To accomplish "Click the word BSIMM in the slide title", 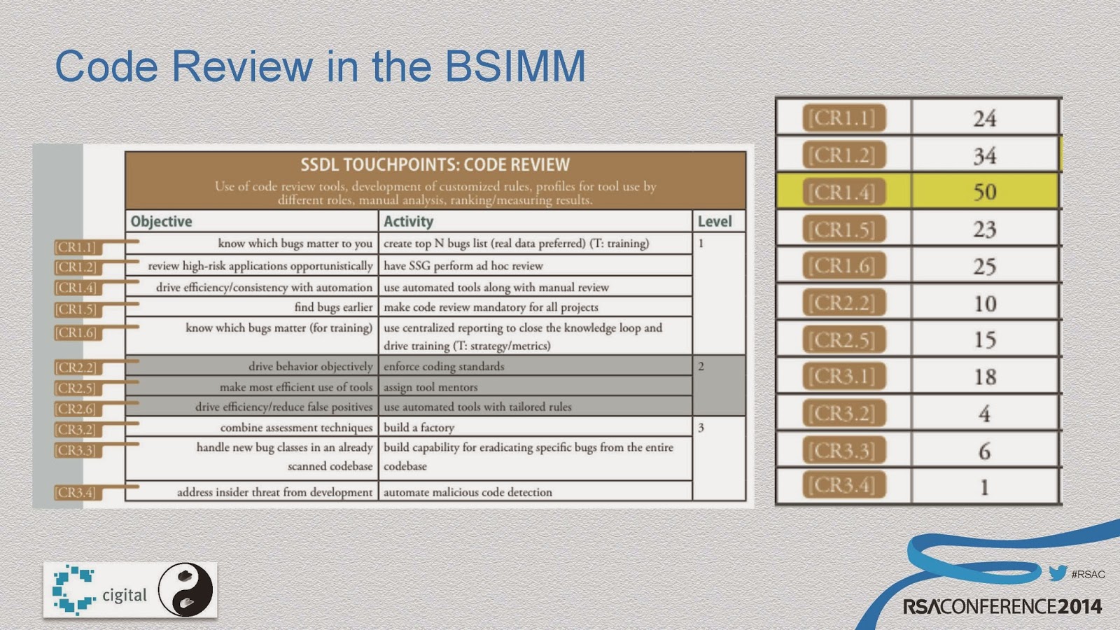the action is coord(515,66).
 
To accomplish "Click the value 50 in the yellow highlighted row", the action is coord(984,192).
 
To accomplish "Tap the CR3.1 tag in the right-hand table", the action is coord(843,376).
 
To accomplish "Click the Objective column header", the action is coord(161,221).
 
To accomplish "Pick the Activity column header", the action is coord(408,221).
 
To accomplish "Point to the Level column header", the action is coord(715,221).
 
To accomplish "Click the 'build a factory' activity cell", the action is coord(419,428).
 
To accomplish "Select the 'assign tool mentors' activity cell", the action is coord(430,387).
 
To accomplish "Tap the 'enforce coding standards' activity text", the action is coord(444,367).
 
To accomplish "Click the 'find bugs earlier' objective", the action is coord(333,307).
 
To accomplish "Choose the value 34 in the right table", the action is coord(984,155).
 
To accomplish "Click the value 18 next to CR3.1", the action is coord(985,377).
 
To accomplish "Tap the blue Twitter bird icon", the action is coord(1058,573).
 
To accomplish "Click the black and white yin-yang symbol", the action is coord(185,589).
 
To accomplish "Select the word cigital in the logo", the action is coord(125,595).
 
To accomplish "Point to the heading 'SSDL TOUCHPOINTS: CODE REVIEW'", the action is coord(435,165).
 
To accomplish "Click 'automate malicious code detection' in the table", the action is coord(468,492).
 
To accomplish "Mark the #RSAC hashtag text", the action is coord(1088,575).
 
